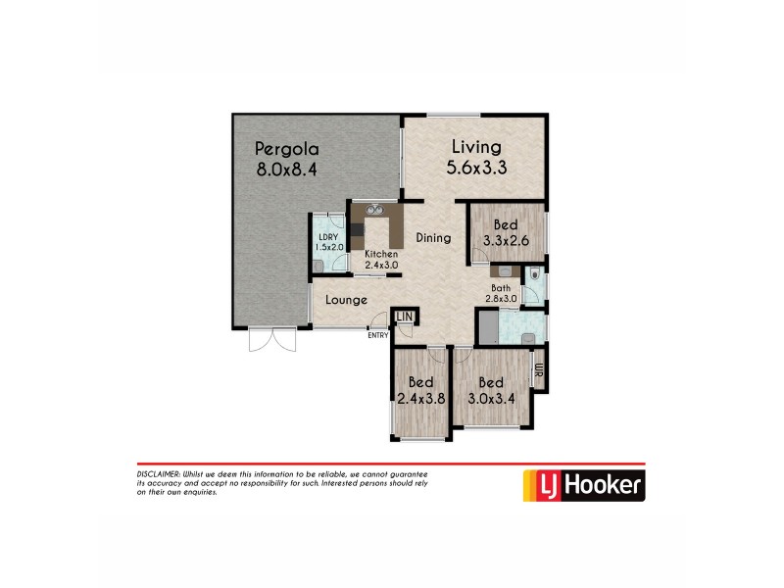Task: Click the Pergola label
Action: [286, 150]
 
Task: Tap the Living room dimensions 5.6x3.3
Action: [476, 168]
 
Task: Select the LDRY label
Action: [328, 236]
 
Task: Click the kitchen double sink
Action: [372, 209]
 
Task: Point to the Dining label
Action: [432, 237]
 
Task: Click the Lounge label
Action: [346, 300]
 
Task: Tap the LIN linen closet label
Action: [405, 316]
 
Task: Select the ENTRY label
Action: [377, 336]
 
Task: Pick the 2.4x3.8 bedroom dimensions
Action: [420, 399]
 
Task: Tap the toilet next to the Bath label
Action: [531, 277]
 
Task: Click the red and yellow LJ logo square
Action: [537, 484]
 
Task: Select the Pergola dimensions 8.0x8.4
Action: [286, 170]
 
